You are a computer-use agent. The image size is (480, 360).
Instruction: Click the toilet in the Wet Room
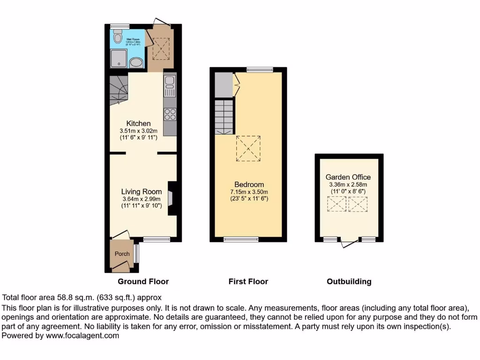118,37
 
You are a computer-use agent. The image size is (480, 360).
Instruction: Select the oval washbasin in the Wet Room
136,63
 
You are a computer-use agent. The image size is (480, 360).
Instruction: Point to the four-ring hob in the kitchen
170,114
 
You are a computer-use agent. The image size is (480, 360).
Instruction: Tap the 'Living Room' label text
141,191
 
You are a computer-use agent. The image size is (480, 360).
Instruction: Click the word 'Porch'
122,254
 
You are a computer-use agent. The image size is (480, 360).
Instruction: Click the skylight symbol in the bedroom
248,148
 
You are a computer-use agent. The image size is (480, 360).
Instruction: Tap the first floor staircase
224,117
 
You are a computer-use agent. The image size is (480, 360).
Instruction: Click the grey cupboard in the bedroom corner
223,84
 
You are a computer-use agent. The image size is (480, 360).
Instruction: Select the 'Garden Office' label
348,177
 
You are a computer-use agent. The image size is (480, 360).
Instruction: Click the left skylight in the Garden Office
337,204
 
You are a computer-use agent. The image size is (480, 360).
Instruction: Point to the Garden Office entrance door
349,243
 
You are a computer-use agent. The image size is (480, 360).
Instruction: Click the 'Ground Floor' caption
143,282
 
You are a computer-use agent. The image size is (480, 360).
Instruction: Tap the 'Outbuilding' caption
349,282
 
